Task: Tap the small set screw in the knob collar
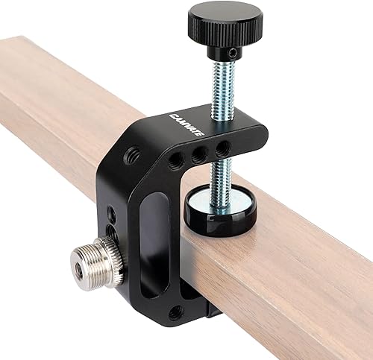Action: tap(233, 52)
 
